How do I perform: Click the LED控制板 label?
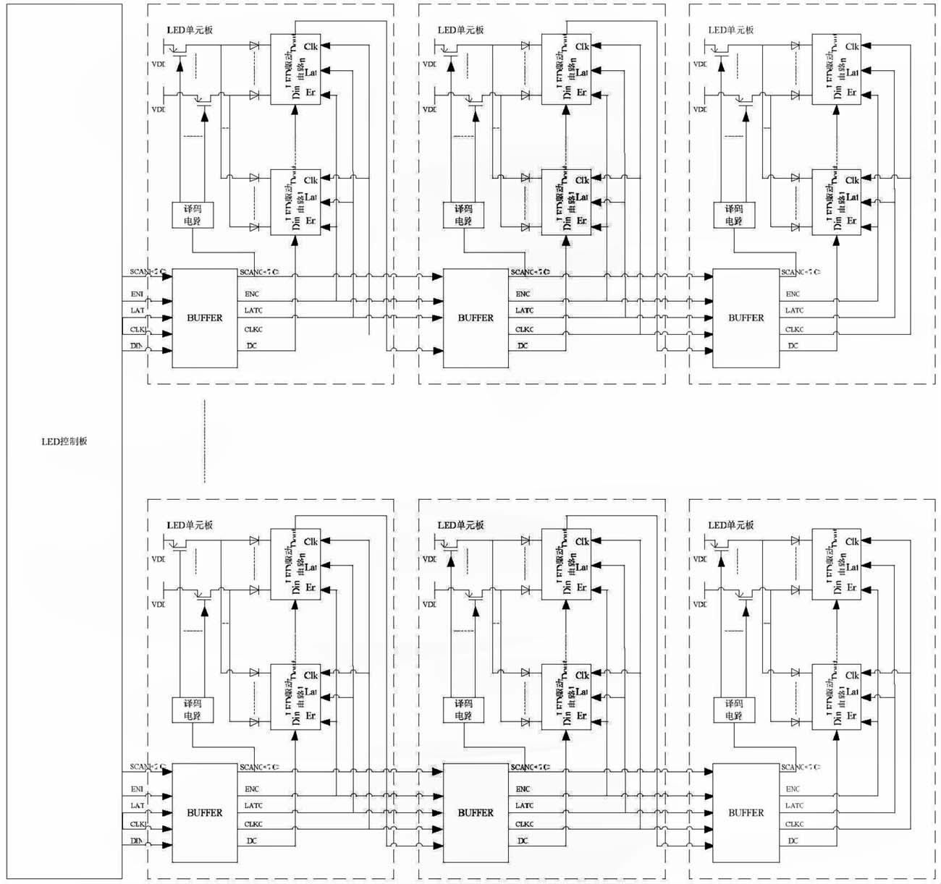64,441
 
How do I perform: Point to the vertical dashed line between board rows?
205,441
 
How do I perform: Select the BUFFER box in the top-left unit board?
205,318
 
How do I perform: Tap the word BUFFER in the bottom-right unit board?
746,813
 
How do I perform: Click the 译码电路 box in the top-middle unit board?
463,215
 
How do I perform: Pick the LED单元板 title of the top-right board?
731,30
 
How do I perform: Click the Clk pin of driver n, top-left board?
311,46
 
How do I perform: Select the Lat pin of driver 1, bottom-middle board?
582,692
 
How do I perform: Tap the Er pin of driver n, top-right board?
852,93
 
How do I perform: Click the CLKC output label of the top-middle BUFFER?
525,330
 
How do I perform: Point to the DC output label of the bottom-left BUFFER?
252,841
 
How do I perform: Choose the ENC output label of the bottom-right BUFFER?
793,789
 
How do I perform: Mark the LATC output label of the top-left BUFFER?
253,310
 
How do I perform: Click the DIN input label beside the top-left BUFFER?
137,347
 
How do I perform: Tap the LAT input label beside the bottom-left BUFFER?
137,805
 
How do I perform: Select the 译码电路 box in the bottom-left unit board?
193,710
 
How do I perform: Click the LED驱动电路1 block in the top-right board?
836,202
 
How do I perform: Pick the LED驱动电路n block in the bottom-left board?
295,564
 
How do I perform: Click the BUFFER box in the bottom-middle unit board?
476,813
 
